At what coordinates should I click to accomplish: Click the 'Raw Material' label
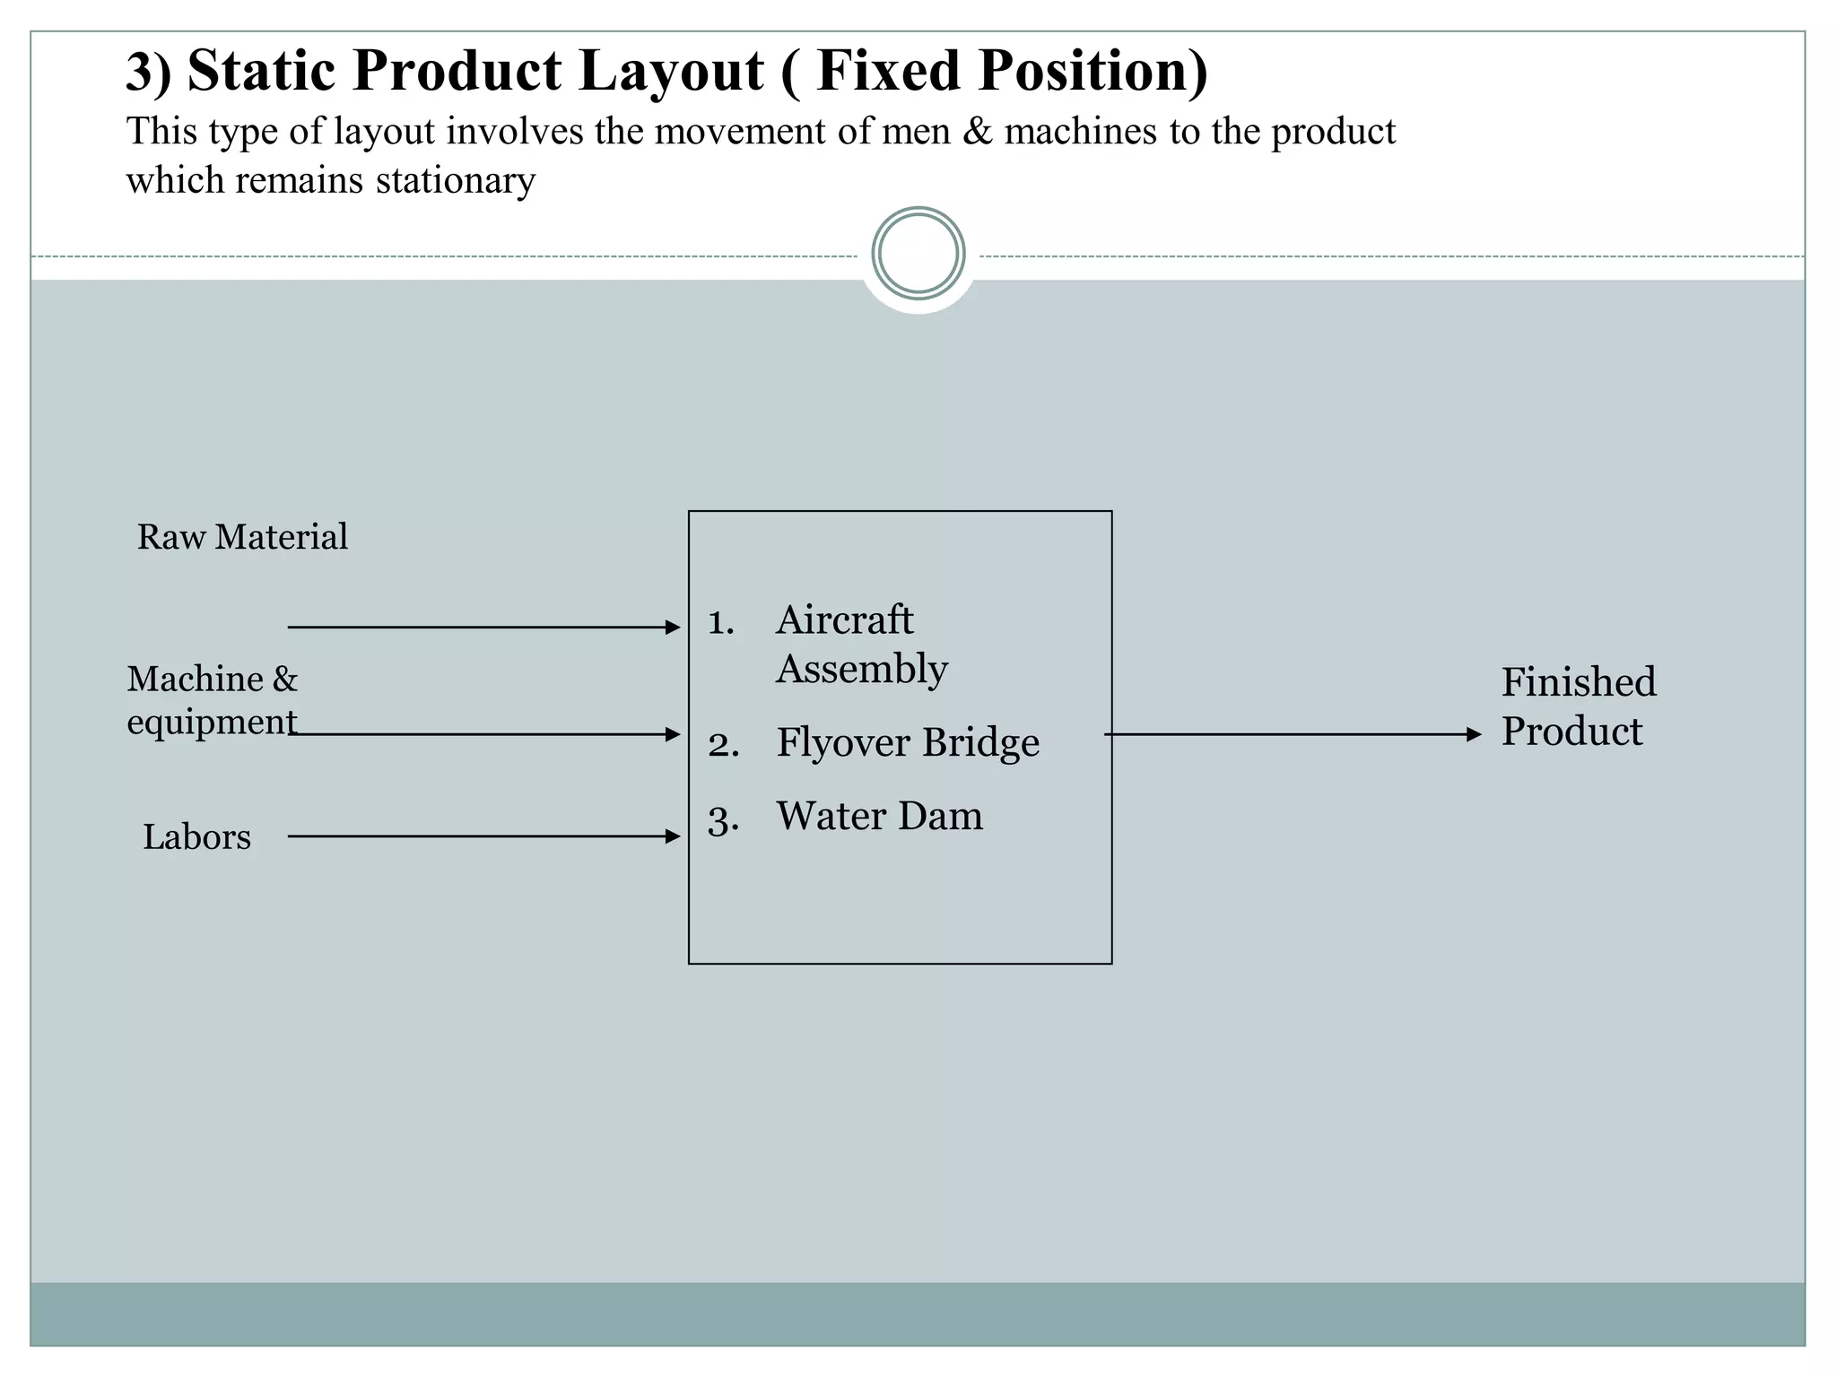[242, 537]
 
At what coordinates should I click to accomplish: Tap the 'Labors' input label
[196, 837]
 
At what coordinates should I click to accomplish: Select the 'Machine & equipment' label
[212, 700]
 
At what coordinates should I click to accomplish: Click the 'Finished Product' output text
[1578, 706]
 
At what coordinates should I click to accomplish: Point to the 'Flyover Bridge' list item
[907, 742]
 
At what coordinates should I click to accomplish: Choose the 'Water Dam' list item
[879, 816]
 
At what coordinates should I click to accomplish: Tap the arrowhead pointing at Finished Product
[1473, 734]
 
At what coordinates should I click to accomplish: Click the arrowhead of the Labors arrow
[673, 836]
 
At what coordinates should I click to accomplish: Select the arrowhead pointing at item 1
[673, 628]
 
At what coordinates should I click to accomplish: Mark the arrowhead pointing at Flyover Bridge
[673, 734]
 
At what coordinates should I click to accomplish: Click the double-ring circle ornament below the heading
[918, 254]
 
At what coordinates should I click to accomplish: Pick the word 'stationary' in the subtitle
[455, 181]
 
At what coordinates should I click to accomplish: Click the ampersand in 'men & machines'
[977, 132]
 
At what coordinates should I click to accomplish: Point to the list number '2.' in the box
[723, 745]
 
